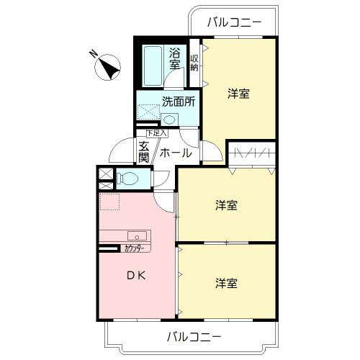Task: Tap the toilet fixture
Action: click(x=127, y=179)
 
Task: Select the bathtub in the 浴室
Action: click(x=153, y=66)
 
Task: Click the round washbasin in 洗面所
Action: click(x=169, y=120)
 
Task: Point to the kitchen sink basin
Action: click(x=137, y=235)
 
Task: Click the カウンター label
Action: click(x=134, y=248)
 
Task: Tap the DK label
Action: click(x=136, y=276)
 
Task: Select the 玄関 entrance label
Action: click(x=144, y=152)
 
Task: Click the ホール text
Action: click(x=176, y=153)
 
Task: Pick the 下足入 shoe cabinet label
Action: click(x=157, y=133)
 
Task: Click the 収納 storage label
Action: click(x=194, y=63)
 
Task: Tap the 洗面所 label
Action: click(x=179, y=102)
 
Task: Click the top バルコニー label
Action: click(x=234, y=22)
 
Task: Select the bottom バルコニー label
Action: click(x=194, y=337)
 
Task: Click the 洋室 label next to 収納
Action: click(x=239, y=94)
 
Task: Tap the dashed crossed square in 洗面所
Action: click(x=148, y=112)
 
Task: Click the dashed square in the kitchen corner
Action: click(x=109, y=202)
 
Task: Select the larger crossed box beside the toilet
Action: click(x=106, y=174)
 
